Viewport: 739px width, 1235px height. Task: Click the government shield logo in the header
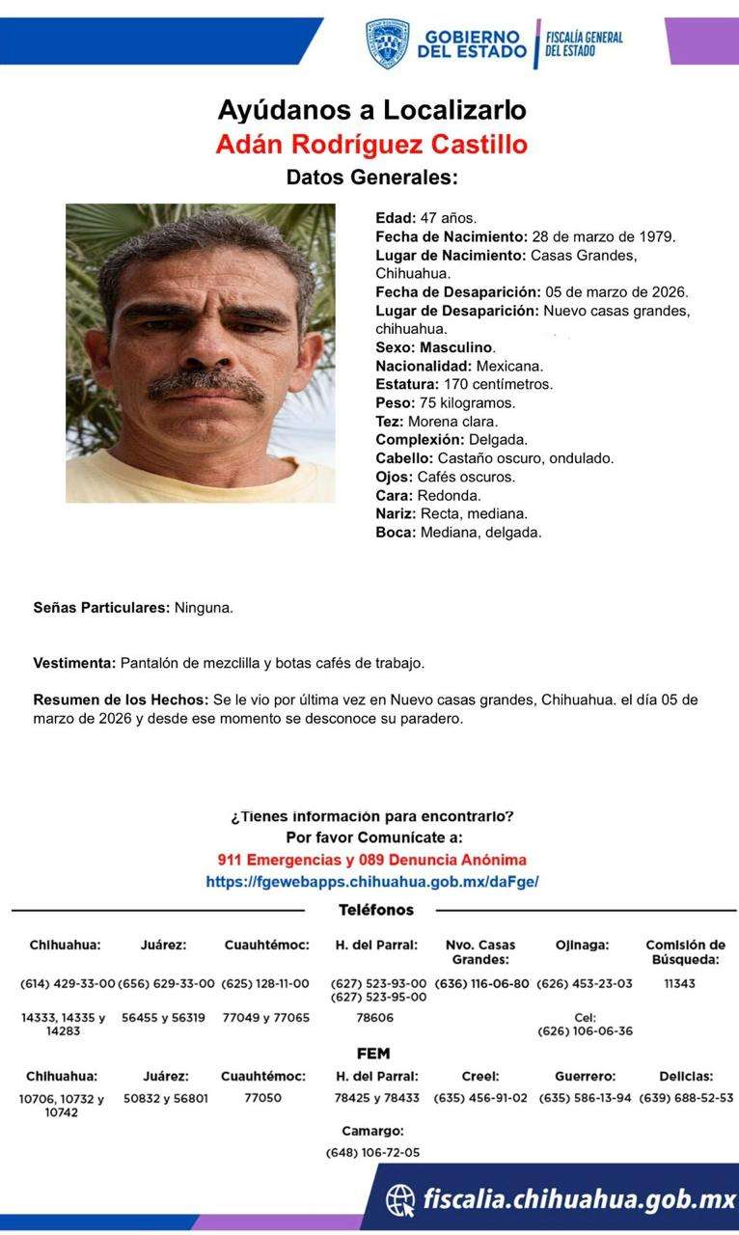(x=387, y=43)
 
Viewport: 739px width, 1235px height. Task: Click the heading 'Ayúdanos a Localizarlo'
(x=371, y=109)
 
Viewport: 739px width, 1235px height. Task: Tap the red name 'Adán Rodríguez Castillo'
(x=371, y=145)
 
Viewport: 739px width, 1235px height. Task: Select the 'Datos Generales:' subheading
(x=371, y=178)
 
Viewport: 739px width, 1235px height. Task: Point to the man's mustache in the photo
(x=205, y=385)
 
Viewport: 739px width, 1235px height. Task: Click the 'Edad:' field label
(x=396, y=218)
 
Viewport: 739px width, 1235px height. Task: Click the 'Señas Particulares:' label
(x=101, y=608)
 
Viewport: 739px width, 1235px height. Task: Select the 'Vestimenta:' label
(x=74, y=663)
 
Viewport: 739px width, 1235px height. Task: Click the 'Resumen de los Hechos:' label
(x=121, y=700)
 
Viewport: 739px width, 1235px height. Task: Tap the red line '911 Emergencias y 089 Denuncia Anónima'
(x=371, y=860)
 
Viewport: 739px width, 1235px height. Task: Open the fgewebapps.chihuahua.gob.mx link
(x=371, y=881)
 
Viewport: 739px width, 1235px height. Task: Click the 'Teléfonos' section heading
(x=376, y=910)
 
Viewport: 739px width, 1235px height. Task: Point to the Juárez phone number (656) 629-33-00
(x=166, y=983)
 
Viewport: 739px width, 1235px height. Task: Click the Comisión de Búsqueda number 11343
(x=679, y=983)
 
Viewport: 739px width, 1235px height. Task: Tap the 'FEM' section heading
(x=373, y=1054)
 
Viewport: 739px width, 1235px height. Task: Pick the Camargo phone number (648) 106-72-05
(x=372, y=1152)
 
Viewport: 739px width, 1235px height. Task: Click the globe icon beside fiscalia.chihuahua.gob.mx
(x=400, y=1199)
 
